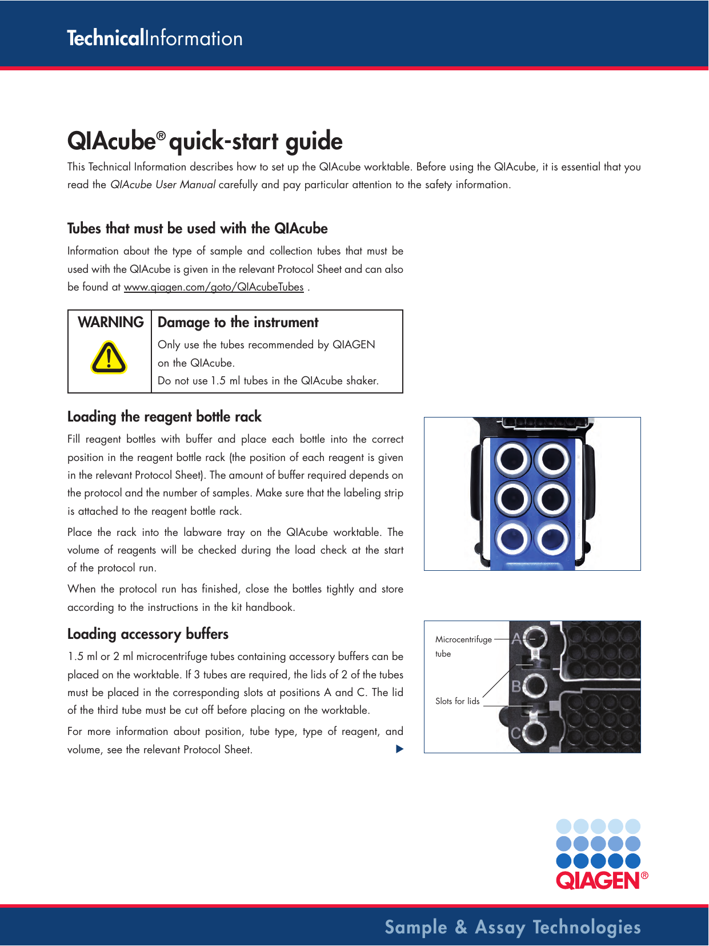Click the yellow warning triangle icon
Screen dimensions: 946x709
(x=109, y=358)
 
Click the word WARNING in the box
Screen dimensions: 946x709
(x=110, y=323)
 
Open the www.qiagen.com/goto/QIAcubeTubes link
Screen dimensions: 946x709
(x=214, y=287)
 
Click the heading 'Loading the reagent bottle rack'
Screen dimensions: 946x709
(x=164, y=417)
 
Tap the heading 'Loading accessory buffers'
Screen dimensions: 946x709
(x=147, y=634)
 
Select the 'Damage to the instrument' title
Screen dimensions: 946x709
(x=238, y=323)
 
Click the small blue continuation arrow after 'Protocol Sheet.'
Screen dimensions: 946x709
(x=399, y=749)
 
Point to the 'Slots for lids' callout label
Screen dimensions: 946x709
(x=457, y=701)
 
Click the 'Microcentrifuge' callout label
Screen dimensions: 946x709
(x=463, y=639)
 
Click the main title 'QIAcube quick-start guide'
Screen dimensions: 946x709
(x=205, y=141)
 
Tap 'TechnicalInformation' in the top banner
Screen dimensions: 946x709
(x=155, y=38)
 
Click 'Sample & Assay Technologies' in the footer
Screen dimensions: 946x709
(x=512, y=927)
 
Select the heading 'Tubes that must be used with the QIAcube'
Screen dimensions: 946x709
(x=197, y=229)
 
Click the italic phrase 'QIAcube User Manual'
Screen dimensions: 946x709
(x=162, y=185)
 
